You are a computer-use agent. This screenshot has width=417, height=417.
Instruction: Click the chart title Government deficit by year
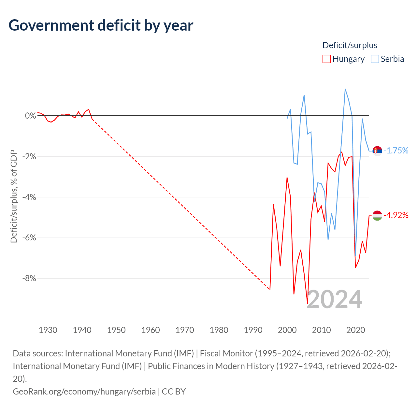[x=101, y=25]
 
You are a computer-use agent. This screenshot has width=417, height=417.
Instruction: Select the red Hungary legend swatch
[x=326, y=59]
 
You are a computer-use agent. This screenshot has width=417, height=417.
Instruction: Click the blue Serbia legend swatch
[x=375, y=59]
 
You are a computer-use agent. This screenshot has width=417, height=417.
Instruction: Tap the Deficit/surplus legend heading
[x=350, y=45]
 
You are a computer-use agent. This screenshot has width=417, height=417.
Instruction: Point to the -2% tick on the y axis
[x=29, y=156]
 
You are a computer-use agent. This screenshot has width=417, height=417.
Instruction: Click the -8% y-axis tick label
[x=29, y=278]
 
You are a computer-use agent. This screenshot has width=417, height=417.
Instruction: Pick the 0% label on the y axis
[x=31, y=116]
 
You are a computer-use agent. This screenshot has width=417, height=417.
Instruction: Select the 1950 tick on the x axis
[x=116, y=330]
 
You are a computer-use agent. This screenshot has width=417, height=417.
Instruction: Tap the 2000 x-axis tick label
[x=287, y=330]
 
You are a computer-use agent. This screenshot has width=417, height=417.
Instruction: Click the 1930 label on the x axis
[x=48, y=330]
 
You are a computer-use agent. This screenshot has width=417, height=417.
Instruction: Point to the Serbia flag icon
[x=377, y=151]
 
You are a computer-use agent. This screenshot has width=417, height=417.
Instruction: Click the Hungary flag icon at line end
[x=377, y=216]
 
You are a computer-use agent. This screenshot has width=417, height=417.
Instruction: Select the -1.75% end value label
[x=396, y=151]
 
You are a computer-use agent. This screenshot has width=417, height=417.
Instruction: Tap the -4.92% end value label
[x=396, y=215]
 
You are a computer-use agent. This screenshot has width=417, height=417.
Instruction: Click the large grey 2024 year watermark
[x=335, y=299]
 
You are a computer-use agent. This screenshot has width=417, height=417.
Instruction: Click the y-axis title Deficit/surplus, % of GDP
[x=14, y=196]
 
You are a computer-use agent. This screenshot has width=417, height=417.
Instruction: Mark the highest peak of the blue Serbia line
[x=345, y=89]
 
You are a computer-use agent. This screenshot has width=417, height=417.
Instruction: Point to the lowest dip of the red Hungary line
[x=308, y=304]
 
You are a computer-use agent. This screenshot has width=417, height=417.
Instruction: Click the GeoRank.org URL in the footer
[x=84, y=392]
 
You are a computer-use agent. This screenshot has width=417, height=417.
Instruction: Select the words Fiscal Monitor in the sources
[x=226, y=353]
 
